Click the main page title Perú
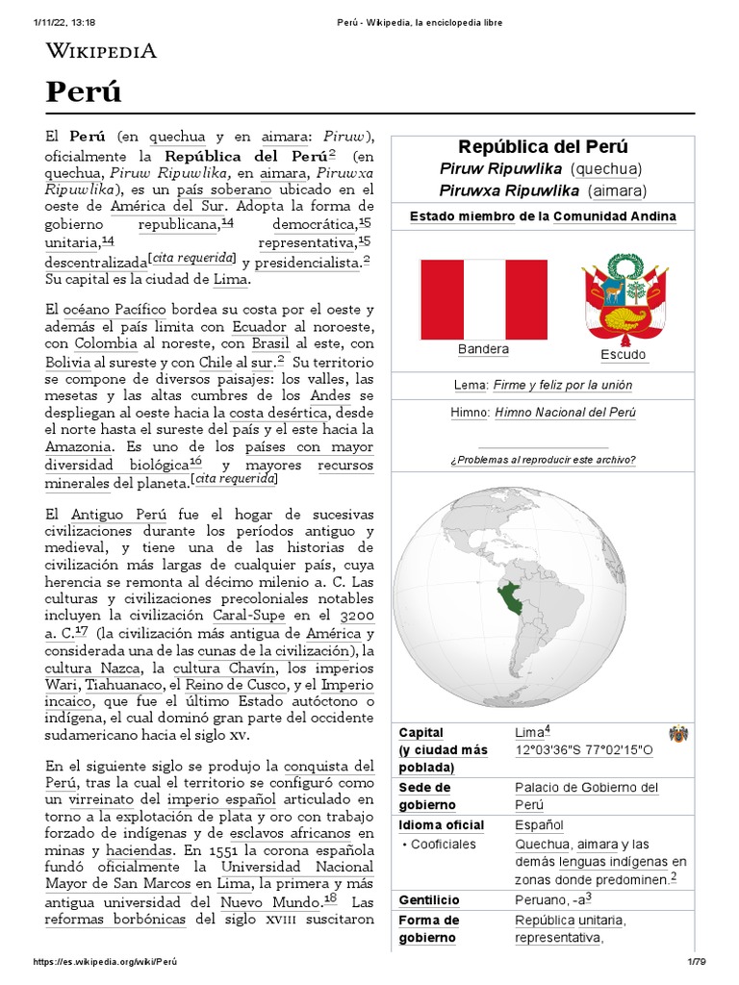point(84,93)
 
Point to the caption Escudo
point(624,355)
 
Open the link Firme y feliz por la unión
point(562,385)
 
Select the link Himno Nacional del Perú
point(565,413)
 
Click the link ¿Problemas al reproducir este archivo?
point(543,459)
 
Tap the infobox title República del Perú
point(543,147)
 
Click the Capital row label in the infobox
point(421,732)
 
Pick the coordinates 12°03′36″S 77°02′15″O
point(584,749)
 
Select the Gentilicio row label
point(429,900)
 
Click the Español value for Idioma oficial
point(539,825)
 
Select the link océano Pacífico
point(115,310)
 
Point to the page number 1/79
point(697,962)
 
